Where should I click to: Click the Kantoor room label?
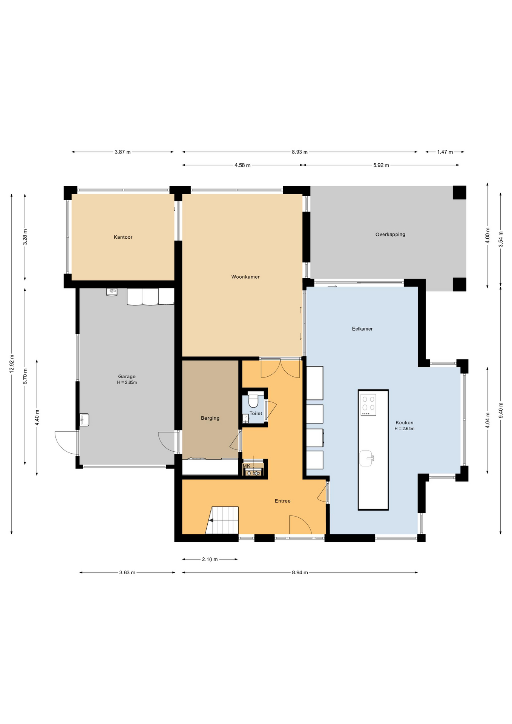click(x=123, y=237)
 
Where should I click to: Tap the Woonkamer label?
click(x=245, y=277)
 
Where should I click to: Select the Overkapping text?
click(x=390, y=234)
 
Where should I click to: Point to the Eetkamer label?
click(x=362, y=329)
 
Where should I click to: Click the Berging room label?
click(x=210, y=418)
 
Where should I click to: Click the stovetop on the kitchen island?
click(x=368, y=404)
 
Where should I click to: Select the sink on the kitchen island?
click(x=366, y=458)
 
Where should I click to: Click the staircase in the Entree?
click(x=223, y=520)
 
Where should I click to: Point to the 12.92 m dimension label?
click(x=12, y=364)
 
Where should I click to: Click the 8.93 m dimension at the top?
click(x=299, y=152)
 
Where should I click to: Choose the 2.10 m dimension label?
click(x=210, y=559)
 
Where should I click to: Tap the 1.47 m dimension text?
click(x=445, y=152)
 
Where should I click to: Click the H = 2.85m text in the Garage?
click(x=127, y=382)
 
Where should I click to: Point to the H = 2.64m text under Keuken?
click(x=404, y=429)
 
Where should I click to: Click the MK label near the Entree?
click(x=247, y=466)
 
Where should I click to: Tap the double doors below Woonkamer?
click(x=280, y=368)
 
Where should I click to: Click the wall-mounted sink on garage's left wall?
click(x=85, y=420)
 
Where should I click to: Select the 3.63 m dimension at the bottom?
click(x=127, y=572)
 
